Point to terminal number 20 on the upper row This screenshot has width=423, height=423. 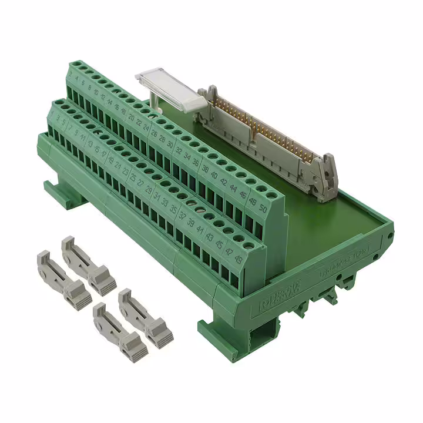(x=131, y=117)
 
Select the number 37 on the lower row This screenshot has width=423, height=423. (x=183, y=216)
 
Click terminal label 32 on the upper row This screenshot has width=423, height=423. (x=177, y=150)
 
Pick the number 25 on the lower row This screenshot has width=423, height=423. (x=133, y=177)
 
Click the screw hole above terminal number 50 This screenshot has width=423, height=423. (x=271, y=194)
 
